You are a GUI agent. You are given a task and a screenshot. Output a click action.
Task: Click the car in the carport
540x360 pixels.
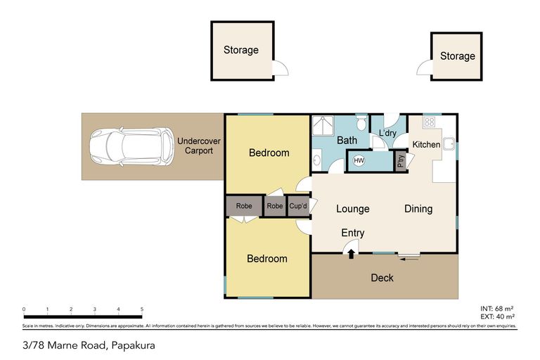coord(131,147)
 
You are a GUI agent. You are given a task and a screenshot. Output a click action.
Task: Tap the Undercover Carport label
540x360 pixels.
coord(198,146)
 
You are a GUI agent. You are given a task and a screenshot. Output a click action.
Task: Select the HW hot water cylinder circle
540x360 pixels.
coord(359,161)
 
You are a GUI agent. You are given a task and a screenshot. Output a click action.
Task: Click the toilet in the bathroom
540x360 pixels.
coord(361,124)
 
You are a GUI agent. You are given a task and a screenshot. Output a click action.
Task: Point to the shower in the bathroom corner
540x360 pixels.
coord(323,125)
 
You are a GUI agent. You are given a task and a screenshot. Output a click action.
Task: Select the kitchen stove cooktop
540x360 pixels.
coord(428,122)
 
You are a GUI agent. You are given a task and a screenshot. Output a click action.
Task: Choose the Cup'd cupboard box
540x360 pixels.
coord(297,207)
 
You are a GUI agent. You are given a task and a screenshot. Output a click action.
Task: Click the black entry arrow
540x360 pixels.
coord(351,254)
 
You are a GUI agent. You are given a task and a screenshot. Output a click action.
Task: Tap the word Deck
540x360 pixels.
coord(382,278)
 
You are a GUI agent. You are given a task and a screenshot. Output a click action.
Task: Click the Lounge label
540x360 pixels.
coord(352,209)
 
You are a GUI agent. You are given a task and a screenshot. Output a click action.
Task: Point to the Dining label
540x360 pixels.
coord(418,209)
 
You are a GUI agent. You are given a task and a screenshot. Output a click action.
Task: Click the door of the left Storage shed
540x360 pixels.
coord(281,68)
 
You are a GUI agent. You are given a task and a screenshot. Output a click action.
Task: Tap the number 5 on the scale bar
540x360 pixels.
coord(142,309)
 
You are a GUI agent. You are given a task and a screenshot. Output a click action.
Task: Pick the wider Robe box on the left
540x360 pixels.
coord(243,207)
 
